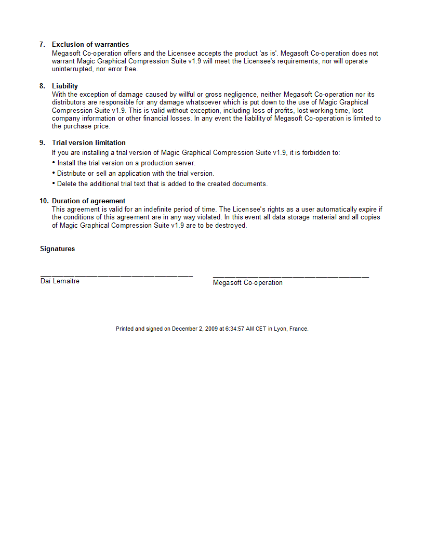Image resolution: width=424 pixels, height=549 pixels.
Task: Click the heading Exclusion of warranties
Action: [90, 45]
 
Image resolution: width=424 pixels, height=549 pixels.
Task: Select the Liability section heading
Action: [65, 86]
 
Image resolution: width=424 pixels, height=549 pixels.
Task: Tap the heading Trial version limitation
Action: [89, 143]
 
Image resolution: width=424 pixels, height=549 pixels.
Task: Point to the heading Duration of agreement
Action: [89, 201]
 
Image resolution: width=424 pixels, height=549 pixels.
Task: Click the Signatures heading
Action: [57, 249]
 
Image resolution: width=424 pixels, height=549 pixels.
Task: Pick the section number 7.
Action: [43, 45]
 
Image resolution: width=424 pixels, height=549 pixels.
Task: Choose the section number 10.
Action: [44, 201]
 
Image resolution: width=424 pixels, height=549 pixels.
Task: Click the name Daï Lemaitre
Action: [60, 281]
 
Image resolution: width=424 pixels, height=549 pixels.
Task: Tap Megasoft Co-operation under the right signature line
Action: [248, 283]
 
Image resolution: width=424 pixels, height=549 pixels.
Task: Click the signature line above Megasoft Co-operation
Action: [291, 277]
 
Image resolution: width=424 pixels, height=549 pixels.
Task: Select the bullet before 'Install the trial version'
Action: [54, 162]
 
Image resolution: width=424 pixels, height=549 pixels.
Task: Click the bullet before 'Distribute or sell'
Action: [54, 173]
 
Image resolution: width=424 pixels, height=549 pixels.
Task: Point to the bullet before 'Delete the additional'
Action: [54, 183]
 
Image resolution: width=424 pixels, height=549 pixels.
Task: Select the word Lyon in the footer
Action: [280, 329]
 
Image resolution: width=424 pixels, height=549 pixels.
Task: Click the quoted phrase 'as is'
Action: [269, 53]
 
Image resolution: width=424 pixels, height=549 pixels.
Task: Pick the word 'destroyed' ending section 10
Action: [230, 226]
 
